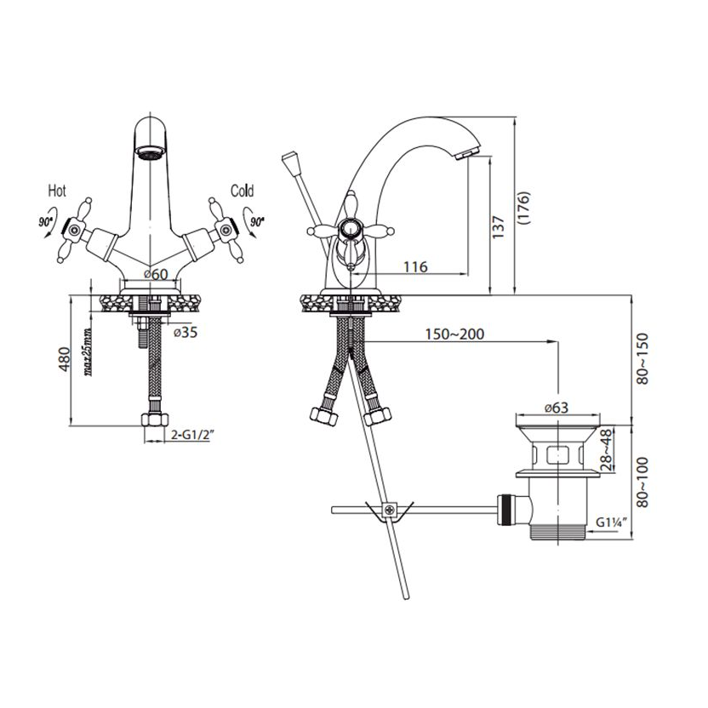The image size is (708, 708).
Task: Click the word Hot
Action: tap(57, 191)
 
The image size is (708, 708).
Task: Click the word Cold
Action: tap(242, 191)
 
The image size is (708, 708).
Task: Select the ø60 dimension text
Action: tap(156, 274)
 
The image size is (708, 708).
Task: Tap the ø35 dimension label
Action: tap(186, 333)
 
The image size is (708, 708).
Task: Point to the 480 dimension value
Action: tap(64, 359)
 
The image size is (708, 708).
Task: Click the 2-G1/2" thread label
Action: tap(192, 434)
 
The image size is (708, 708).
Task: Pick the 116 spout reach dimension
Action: tap(415, 266)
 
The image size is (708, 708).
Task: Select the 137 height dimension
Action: tap(498, 227)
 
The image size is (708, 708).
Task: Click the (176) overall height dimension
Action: tap(522, 208)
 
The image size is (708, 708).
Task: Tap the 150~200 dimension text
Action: tap(454, 334)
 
